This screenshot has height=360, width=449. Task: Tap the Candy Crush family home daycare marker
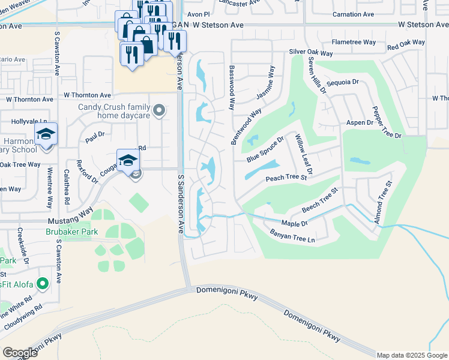click(159, 110)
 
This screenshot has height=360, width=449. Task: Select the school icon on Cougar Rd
click(128, 160)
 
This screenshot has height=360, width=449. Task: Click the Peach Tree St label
click(286, 178)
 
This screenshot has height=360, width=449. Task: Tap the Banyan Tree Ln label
click(292, 236)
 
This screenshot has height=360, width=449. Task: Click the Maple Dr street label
click(294, 224)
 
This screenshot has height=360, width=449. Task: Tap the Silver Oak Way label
click(310, 53)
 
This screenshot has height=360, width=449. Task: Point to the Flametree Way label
click(354, 43)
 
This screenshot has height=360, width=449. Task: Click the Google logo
click(20, 353)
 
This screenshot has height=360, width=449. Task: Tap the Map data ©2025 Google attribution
click(412, 355)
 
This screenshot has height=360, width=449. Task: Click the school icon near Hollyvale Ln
click(46, 135)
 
